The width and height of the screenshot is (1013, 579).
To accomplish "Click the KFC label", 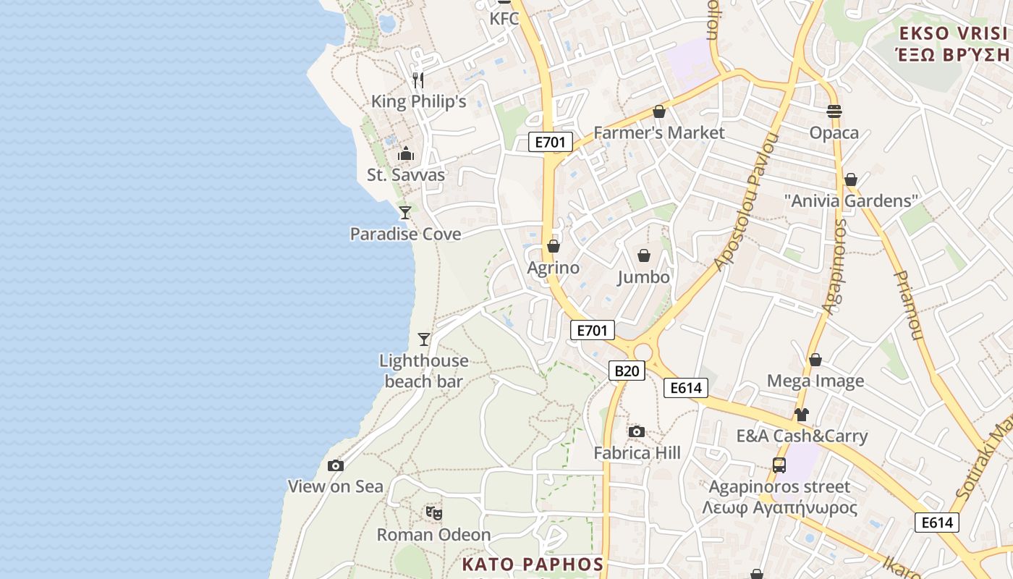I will [504, 19].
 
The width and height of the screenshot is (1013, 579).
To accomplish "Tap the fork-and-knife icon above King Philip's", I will [418, 80].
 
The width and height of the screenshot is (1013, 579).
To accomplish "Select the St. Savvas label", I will [406, 175].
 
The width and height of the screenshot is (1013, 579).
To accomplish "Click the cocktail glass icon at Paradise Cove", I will [405, 213].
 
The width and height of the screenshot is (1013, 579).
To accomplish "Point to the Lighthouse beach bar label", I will [424, 371].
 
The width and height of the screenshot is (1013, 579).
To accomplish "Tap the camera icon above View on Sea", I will [335, 466].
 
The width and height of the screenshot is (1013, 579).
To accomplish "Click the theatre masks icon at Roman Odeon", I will [433, 513].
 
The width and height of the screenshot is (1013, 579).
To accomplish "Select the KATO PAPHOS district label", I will [533, 565].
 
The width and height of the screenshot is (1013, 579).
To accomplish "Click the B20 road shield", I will [627, 371].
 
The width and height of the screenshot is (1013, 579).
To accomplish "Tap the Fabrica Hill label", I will [637, 453].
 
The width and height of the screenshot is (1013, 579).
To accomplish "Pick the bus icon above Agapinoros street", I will [779, 465].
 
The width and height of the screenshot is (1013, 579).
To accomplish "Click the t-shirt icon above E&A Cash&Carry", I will [801, 415].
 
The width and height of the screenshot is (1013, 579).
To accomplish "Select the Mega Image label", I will [815, 381].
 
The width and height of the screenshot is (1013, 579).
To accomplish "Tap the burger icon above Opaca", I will [834, 111].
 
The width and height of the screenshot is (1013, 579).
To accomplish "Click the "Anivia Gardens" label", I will [851, 200].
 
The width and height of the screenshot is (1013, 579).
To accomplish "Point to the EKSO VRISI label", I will [953, 33].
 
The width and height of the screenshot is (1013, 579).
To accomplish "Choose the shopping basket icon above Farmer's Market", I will [658, 111].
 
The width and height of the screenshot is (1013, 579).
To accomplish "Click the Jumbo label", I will [643, 277].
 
